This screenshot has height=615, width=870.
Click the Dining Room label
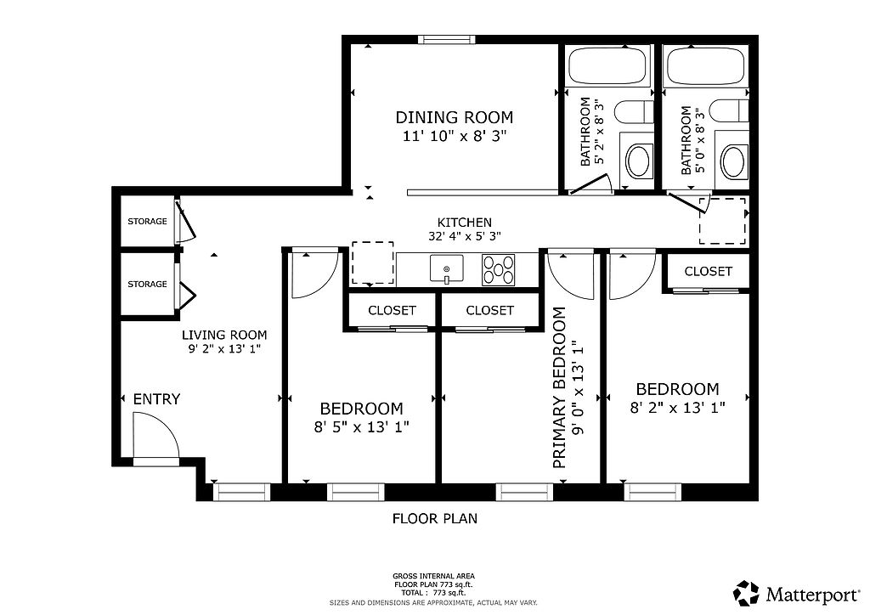coord(454,117)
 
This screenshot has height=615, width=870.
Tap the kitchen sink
coord(447,269)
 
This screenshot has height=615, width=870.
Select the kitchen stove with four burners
coord(498,269)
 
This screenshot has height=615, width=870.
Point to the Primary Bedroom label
coord(559,387)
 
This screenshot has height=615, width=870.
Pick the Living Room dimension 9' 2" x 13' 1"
coord(224,349)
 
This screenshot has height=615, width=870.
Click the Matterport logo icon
coord(746,594)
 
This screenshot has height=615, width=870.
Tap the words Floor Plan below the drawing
coord(435,518)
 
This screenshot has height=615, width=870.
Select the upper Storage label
coord(147,221)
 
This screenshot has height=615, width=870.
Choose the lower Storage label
coord(147,284)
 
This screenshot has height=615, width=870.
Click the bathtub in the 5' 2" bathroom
coord(607,65)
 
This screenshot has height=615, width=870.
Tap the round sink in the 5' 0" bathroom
coord(733,161)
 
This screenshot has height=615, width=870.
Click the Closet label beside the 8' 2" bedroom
coord(708,271)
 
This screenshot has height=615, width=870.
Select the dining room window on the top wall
coord(447,39)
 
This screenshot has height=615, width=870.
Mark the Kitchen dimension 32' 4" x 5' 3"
coord(465,235)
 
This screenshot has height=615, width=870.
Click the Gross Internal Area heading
coord(434,576)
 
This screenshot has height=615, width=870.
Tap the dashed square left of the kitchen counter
coord(373,262)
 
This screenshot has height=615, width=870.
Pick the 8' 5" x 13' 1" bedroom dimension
coord(361,427)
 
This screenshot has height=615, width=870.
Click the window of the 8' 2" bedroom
coord(652,492)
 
